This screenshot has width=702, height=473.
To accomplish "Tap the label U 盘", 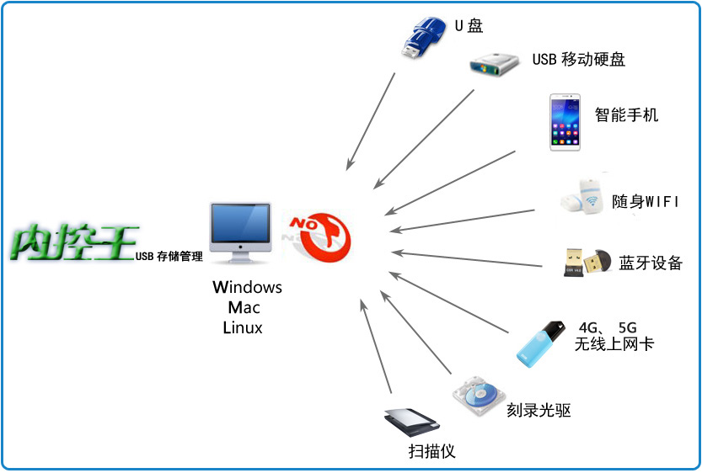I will pos(469,26).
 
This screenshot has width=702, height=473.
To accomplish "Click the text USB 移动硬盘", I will pos(578,60).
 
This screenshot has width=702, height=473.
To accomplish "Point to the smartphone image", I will pos(565,122).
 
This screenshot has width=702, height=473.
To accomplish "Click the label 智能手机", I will pos(626,115).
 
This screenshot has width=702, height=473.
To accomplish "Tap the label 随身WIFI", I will pos(645,202).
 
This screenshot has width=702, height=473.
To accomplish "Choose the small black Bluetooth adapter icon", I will pos(587,262).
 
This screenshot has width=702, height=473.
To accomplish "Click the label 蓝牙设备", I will pos(650,263).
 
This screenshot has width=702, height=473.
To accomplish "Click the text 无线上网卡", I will pos(614,343).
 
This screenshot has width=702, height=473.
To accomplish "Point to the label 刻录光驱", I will pos(539,411).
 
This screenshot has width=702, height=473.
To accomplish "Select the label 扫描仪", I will pos(431,451).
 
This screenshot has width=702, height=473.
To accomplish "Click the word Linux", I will pos(243,328).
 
